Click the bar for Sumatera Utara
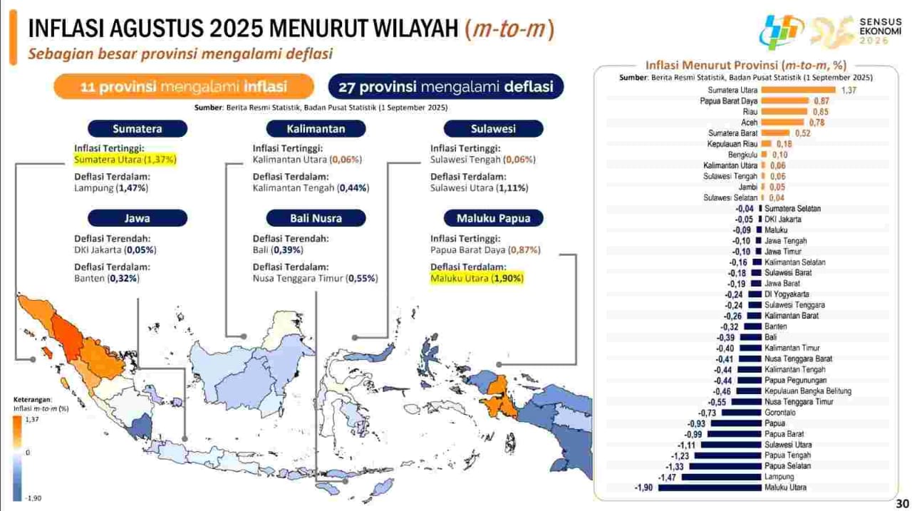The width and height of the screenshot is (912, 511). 798,90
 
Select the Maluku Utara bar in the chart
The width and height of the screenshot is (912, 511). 710,487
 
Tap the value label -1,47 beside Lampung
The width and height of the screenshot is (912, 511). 667,478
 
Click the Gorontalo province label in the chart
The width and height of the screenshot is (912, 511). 779,413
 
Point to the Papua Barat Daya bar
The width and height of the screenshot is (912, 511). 785,100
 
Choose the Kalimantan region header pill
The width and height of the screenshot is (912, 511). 316,129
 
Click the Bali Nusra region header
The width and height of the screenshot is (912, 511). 316,218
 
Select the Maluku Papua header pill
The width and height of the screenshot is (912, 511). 494,218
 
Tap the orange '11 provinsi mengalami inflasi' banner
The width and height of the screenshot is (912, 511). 184,86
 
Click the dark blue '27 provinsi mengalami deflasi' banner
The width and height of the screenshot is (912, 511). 446,86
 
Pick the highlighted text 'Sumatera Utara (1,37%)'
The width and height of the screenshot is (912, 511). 125,159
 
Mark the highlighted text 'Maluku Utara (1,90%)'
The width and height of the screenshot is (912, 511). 477,279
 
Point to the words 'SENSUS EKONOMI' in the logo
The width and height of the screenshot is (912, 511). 880,26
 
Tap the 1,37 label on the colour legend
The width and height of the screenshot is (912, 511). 32,419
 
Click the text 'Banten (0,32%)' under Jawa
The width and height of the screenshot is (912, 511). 107,279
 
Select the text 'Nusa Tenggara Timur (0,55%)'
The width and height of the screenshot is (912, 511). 315,279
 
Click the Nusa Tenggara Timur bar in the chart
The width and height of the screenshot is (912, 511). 746,402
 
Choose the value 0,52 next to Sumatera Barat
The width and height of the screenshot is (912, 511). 803,133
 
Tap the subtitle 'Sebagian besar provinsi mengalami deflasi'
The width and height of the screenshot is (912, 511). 180,53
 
